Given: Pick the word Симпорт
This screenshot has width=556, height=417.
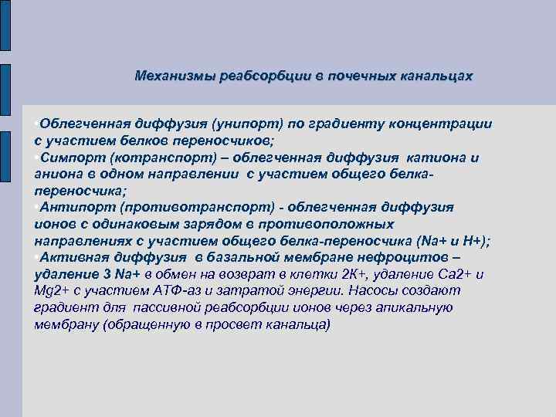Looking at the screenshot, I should coord(71,158).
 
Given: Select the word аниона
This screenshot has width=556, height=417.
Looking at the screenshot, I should coord(58,174).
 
